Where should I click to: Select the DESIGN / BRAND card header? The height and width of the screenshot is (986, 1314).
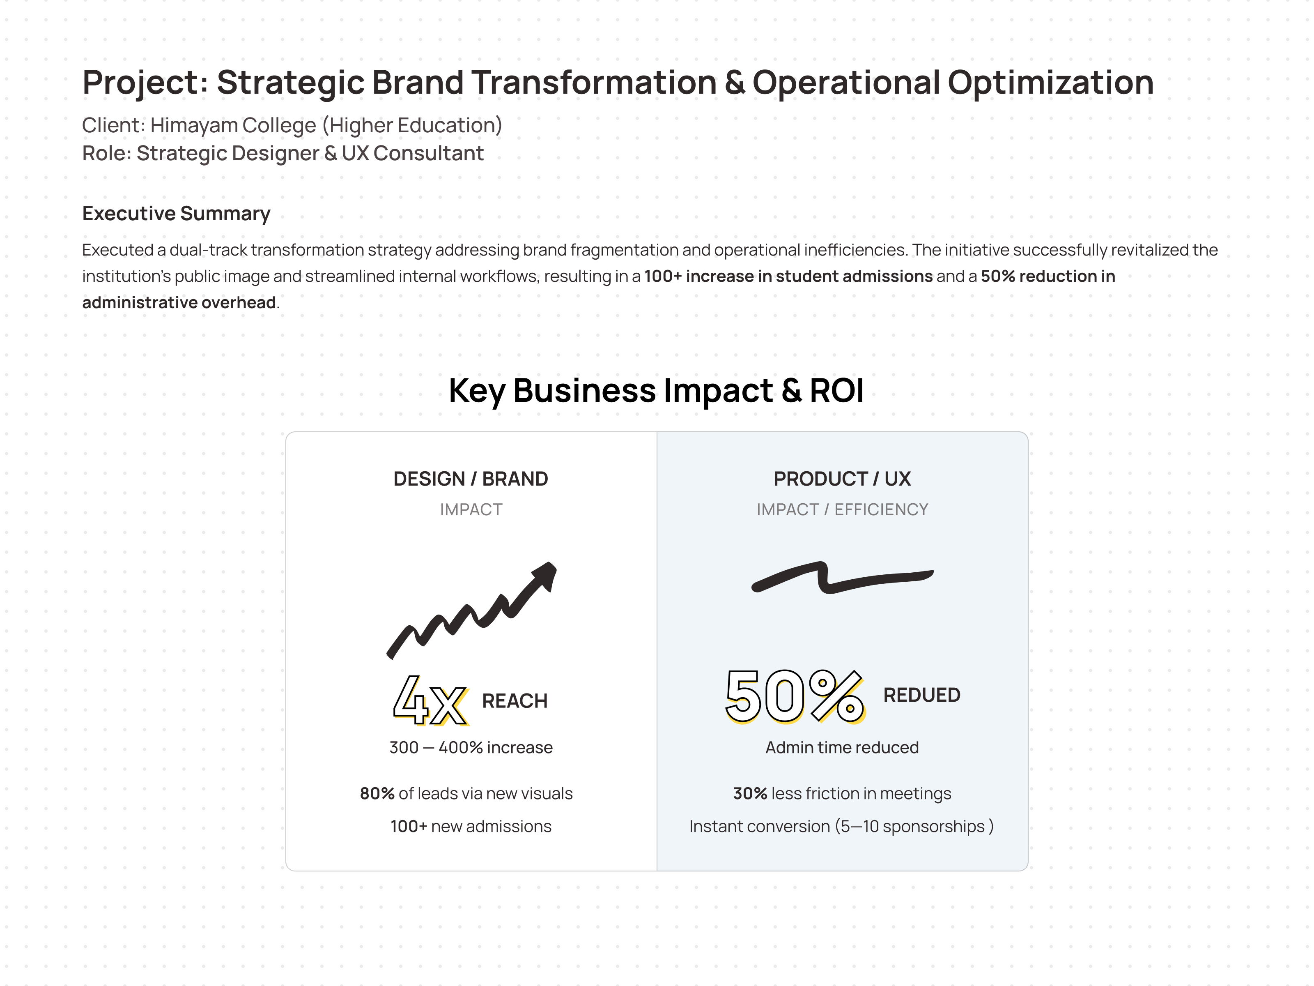(x=471, y=479)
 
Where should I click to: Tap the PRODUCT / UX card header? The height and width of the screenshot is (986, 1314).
(x=842, y=479)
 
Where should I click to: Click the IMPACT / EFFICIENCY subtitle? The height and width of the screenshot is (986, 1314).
(x=842, y=510)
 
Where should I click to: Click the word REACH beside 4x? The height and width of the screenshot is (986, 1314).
(x=515, y=701)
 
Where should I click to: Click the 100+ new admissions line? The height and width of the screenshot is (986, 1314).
(x=471, y=827)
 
